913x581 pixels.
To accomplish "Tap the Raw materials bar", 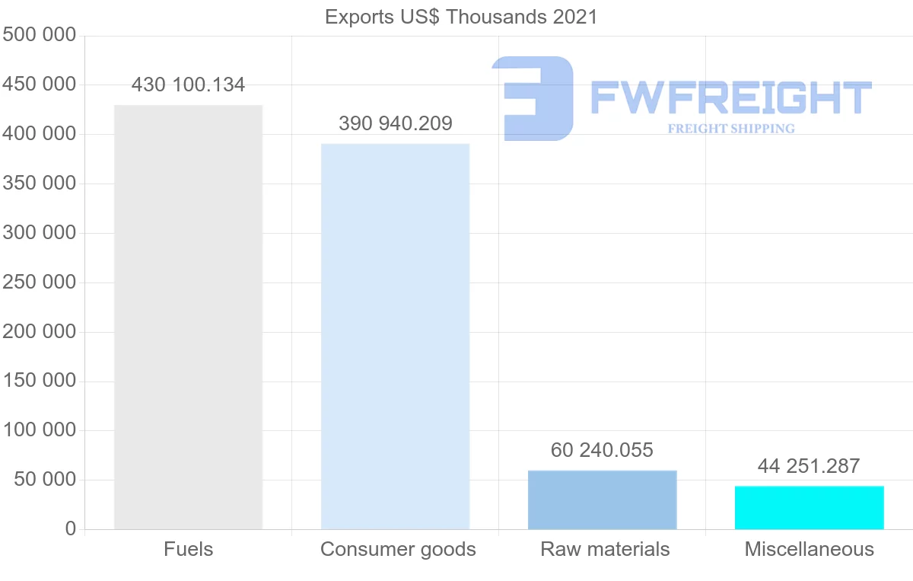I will pos(602,500).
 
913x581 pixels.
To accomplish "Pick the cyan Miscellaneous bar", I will pos(809,507).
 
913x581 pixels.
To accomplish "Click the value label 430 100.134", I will pos(188,85).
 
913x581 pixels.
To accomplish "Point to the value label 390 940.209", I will pos(395,123).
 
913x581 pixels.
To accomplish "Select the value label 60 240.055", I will pos(602,450).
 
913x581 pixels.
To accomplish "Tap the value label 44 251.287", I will pos(809,466).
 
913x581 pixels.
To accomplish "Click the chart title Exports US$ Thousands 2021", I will pos(461,17).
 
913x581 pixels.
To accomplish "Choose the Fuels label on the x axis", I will pos(188,549).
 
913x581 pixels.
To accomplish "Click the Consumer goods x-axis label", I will pos(398,549).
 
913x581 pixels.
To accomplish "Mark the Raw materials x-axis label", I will pos(605,549).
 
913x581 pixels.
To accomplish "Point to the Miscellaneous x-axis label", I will pos(809,549).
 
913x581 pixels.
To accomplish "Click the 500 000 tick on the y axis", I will pos(40,35).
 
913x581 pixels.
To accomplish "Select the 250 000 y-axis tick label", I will pos(40,283).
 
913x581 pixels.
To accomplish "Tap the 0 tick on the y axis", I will pos(71,528).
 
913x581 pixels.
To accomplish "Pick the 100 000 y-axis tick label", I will pos(40,430).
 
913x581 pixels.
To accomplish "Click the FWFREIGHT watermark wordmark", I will pos(730,97).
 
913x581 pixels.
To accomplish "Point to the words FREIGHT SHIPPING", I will pos(730,129).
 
